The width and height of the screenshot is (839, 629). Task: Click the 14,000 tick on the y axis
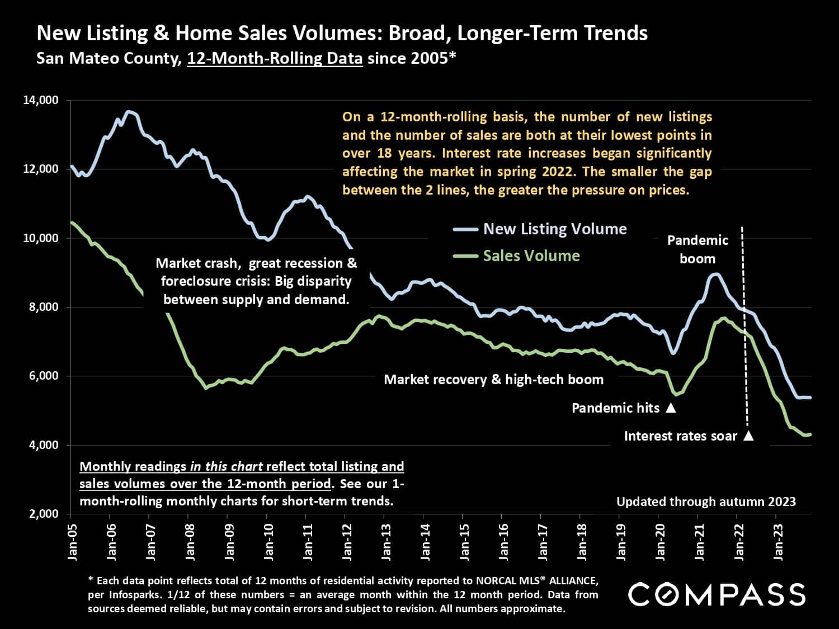41,101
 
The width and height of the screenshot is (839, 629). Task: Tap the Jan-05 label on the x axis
72,542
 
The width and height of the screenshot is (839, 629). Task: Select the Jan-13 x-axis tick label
386,542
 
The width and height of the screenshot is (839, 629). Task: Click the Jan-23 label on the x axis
779,542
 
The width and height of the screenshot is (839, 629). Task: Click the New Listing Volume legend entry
554,229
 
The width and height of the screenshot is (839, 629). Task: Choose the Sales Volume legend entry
531,256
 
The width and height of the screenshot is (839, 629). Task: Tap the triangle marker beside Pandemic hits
671,408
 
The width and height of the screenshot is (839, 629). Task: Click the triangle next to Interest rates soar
748,436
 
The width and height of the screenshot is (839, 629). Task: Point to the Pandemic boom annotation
697,249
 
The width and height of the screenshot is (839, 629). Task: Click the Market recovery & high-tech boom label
493,380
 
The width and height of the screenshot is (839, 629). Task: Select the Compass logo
717,594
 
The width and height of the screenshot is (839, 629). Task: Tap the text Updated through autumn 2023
706,502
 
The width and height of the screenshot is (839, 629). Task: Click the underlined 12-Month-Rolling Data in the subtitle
275,58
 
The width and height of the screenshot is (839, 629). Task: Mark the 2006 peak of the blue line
129,112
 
